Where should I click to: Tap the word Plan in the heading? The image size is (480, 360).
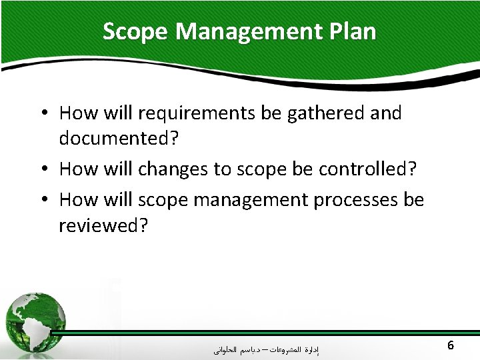[353, 31]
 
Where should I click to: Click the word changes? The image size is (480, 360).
[173, 169]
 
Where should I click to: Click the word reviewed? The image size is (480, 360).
[103, 225]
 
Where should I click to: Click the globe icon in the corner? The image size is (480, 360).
[35, 319]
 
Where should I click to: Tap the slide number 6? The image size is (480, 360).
[451, 345]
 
